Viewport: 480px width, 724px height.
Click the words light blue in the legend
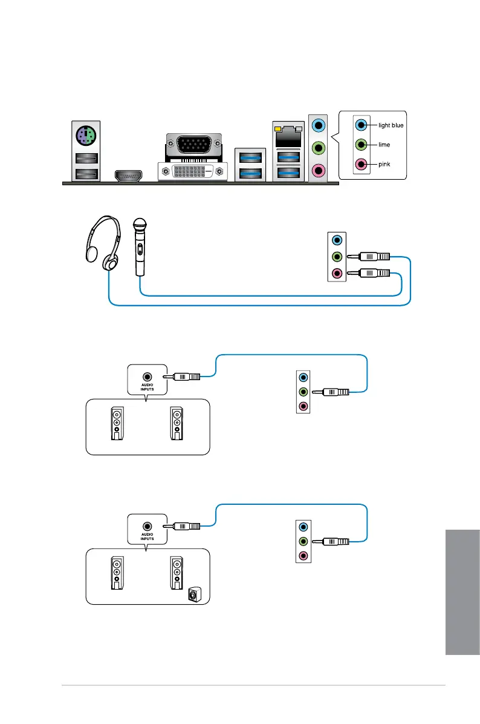[391, 125]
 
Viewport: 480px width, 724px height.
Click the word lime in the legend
[384, 145]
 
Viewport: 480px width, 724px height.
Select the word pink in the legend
[384, 164]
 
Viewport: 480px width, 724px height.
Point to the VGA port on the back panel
[193, 145]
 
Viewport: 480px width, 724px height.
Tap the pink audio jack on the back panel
[319, 170]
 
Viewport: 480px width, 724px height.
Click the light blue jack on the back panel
[319, 126]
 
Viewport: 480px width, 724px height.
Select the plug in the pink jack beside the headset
[369, 274]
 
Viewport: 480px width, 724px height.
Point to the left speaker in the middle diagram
[117, 423]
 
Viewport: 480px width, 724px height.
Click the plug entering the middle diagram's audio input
[186, 376]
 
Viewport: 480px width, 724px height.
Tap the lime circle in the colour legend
[361, 145]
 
